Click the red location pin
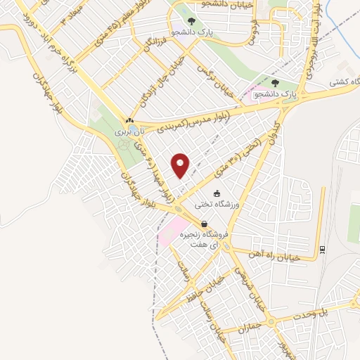181,165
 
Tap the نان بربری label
129,130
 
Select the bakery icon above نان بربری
129,120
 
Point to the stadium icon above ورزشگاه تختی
217,193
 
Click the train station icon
322,248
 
